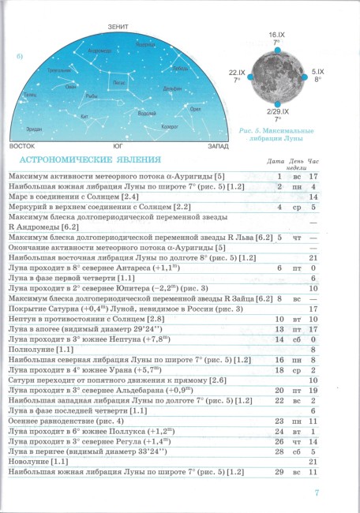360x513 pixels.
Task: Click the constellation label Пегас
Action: (118, 81)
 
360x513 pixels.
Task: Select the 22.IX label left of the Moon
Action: (236, 72)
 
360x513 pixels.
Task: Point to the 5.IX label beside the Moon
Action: (317, 72)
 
